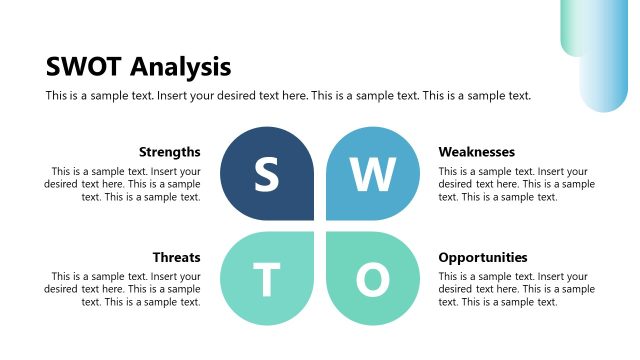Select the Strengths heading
pos(170,152)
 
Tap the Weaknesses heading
pos(476,152)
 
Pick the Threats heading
pos(177,257)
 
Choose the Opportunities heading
pos(483,257)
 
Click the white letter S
pos(266,176)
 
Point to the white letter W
pos(373,176)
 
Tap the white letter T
pos(266,282)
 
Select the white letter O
pos(372,282)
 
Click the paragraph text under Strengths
pos(123,184)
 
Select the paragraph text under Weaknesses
pos(516,184)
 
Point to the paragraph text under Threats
pos(123,289)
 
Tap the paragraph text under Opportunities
pos(516,289)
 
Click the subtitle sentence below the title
pos(288,96)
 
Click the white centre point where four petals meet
pos(319,228)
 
